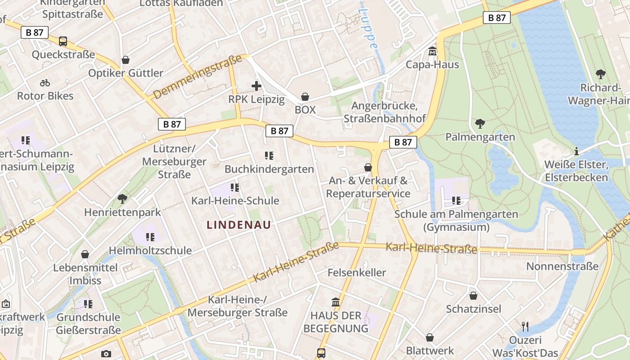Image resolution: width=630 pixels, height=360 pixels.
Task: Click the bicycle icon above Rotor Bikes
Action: [45, 83]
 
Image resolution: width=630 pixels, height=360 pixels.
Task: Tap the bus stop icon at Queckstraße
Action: [63, 41]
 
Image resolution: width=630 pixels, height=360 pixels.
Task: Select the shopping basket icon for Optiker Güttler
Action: [126, 60]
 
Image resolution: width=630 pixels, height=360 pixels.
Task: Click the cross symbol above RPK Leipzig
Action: [256, 85]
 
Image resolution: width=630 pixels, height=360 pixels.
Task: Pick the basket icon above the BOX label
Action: [305, 97]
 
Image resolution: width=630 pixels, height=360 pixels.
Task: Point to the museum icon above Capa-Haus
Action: [432, 51]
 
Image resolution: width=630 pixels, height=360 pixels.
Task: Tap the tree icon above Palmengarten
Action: [480, 123]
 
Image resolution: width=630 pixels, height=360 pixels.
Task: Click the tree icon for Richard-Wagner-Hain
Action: [600, 74]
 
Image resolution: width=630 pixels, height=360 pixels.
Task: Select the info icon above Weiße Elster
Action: [576, 151]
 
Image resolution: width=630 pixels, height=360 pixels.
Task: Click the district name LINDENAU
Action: [238, 225]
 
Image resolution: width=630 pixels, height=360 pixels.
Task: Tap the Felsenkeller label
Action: [356, 272]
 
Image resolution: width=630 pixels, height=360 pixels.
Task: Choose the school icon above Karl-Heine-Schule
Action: [235, 187]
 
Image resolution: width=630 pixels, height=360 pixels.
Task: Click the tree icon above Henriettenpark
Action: [122, 198]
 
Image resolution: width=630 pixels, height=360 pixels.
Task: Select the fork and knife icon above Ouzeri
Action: [525, 326]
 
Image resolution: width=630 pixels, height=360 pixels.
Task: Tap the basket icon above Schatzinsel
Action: [473, 296]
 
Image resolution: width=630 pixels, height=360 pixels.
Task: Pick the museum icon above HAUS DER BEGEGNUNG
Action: [336, 302]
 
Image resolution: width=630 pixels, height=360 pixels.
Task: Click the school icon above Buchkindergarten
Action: [269, 156]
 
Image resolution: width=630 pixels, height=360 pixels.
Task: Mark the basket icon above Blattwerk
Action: [430, 337]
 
